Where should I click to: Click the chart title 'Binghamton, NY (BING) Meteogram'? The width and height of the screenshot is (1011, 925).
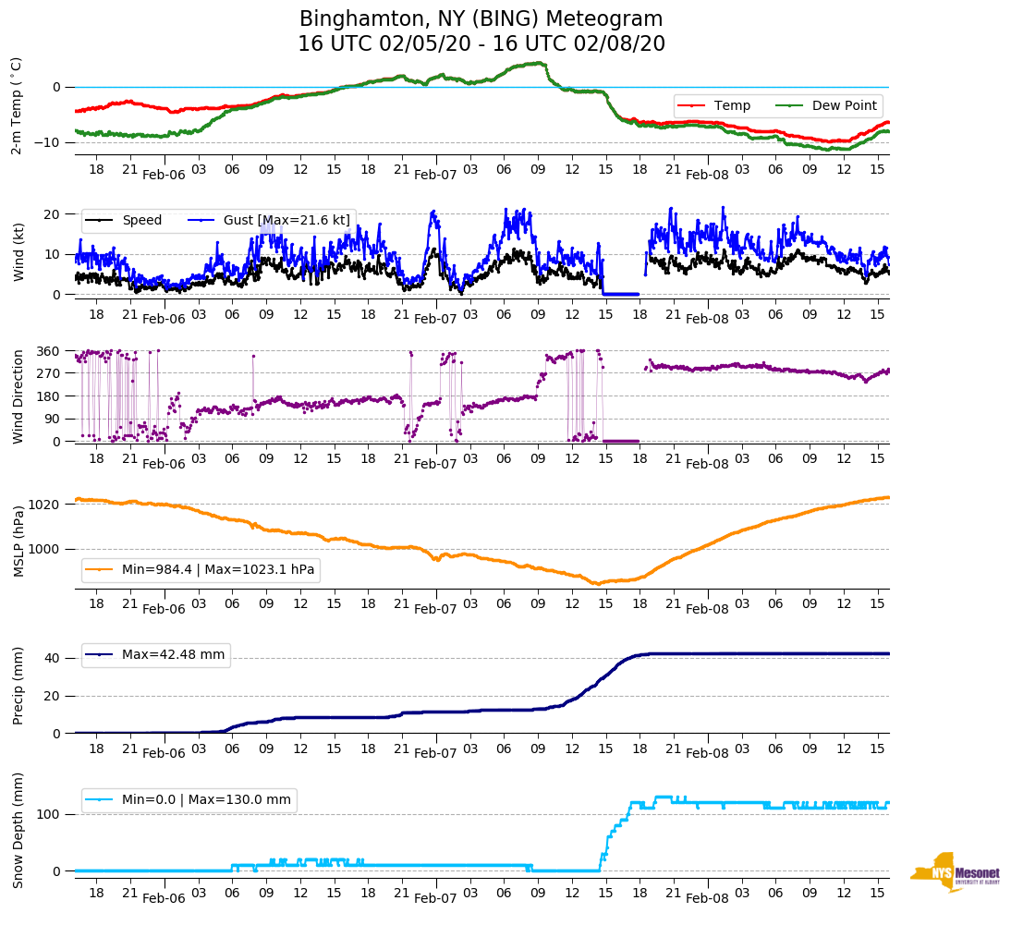coord(481,19)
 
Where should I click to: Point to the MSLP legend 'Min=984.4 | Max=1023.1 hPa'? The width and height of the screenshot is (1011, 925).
coord(218,570)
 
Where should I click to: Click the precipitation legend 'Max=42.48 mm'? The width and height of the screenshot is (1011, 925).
coord(173,654)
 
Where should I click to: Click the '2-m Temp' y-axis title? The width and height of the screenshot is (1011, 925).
coord(17,105)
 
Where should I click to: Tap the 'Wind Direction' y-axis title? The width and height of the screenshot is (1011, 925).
coord(17,396)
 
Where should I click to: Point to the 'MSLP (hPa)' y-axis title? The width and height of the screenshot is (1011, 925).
coord(17,541)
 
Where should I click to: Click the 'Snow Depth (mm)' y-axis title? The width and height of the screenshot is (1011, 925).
coord(17,829)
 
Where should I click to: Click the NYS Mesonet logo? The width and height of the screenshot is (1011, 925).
coord(954,872)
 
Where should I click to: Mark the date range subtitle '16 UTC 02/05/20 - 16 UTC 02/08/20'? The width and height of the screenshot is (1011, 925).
coord(481,44)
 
